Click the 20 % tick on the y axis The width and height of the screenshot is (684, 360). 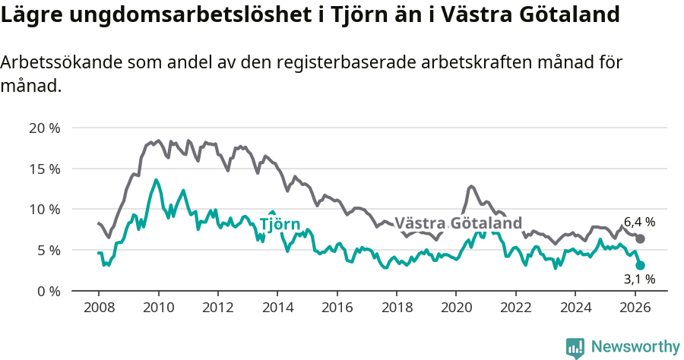45,128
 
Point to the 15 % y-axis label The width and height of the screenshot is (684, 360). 45,169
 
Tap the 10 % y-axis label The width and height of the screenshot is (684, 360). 45,209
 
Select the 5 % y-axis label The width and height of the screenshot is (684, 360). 49,250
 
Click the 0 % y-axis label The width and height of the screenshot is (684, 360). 49,291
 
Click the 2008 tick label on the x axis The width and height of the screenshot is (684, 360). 99,308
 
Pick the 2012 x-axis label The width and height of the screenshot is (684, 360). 217,308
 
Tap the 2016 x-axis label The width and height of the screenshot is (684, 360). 337,308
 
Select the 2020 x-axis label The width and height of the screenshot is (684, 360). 456,308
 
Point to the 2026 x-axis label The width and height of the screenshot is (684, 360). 635,308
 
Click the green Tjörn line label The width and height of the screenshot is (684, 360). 280,224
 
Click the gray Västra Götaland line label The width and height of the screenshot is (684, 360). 458,223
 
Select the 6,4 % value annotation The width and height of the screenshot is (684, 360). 639,223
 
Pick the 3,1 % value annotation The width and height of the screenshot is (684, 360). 639,279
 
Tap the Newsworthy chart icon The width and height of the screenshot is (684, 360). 575,347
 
